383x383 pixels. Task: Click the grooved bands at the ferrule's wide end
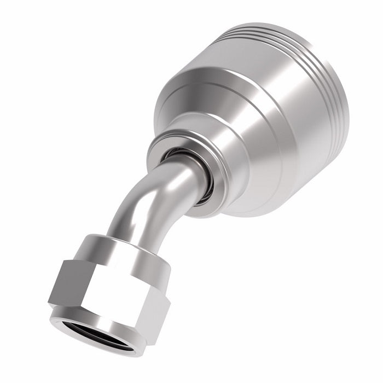click(x=285, y=49)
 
